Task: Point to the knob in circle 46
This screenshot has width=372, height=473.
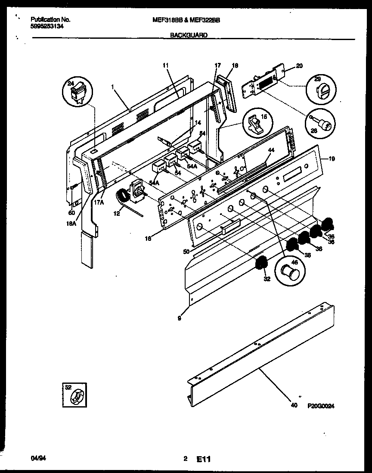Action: point(287,273)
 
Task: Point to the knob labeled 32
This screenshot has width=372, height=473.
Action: point(261,263)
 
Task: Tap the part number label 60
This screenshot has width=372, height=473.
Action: point(71,212)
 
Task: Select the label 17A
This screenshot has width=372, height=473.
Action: point(99,201)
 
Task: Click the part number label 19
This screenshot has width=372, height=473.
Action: point(331,159)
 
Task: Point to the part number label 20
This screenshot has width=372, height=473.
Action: point(300,66)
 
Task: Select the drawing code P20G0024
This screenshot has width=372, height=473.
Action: point(321,406)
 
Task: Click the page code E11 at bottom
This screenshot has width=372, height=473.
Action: point(204,460)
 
